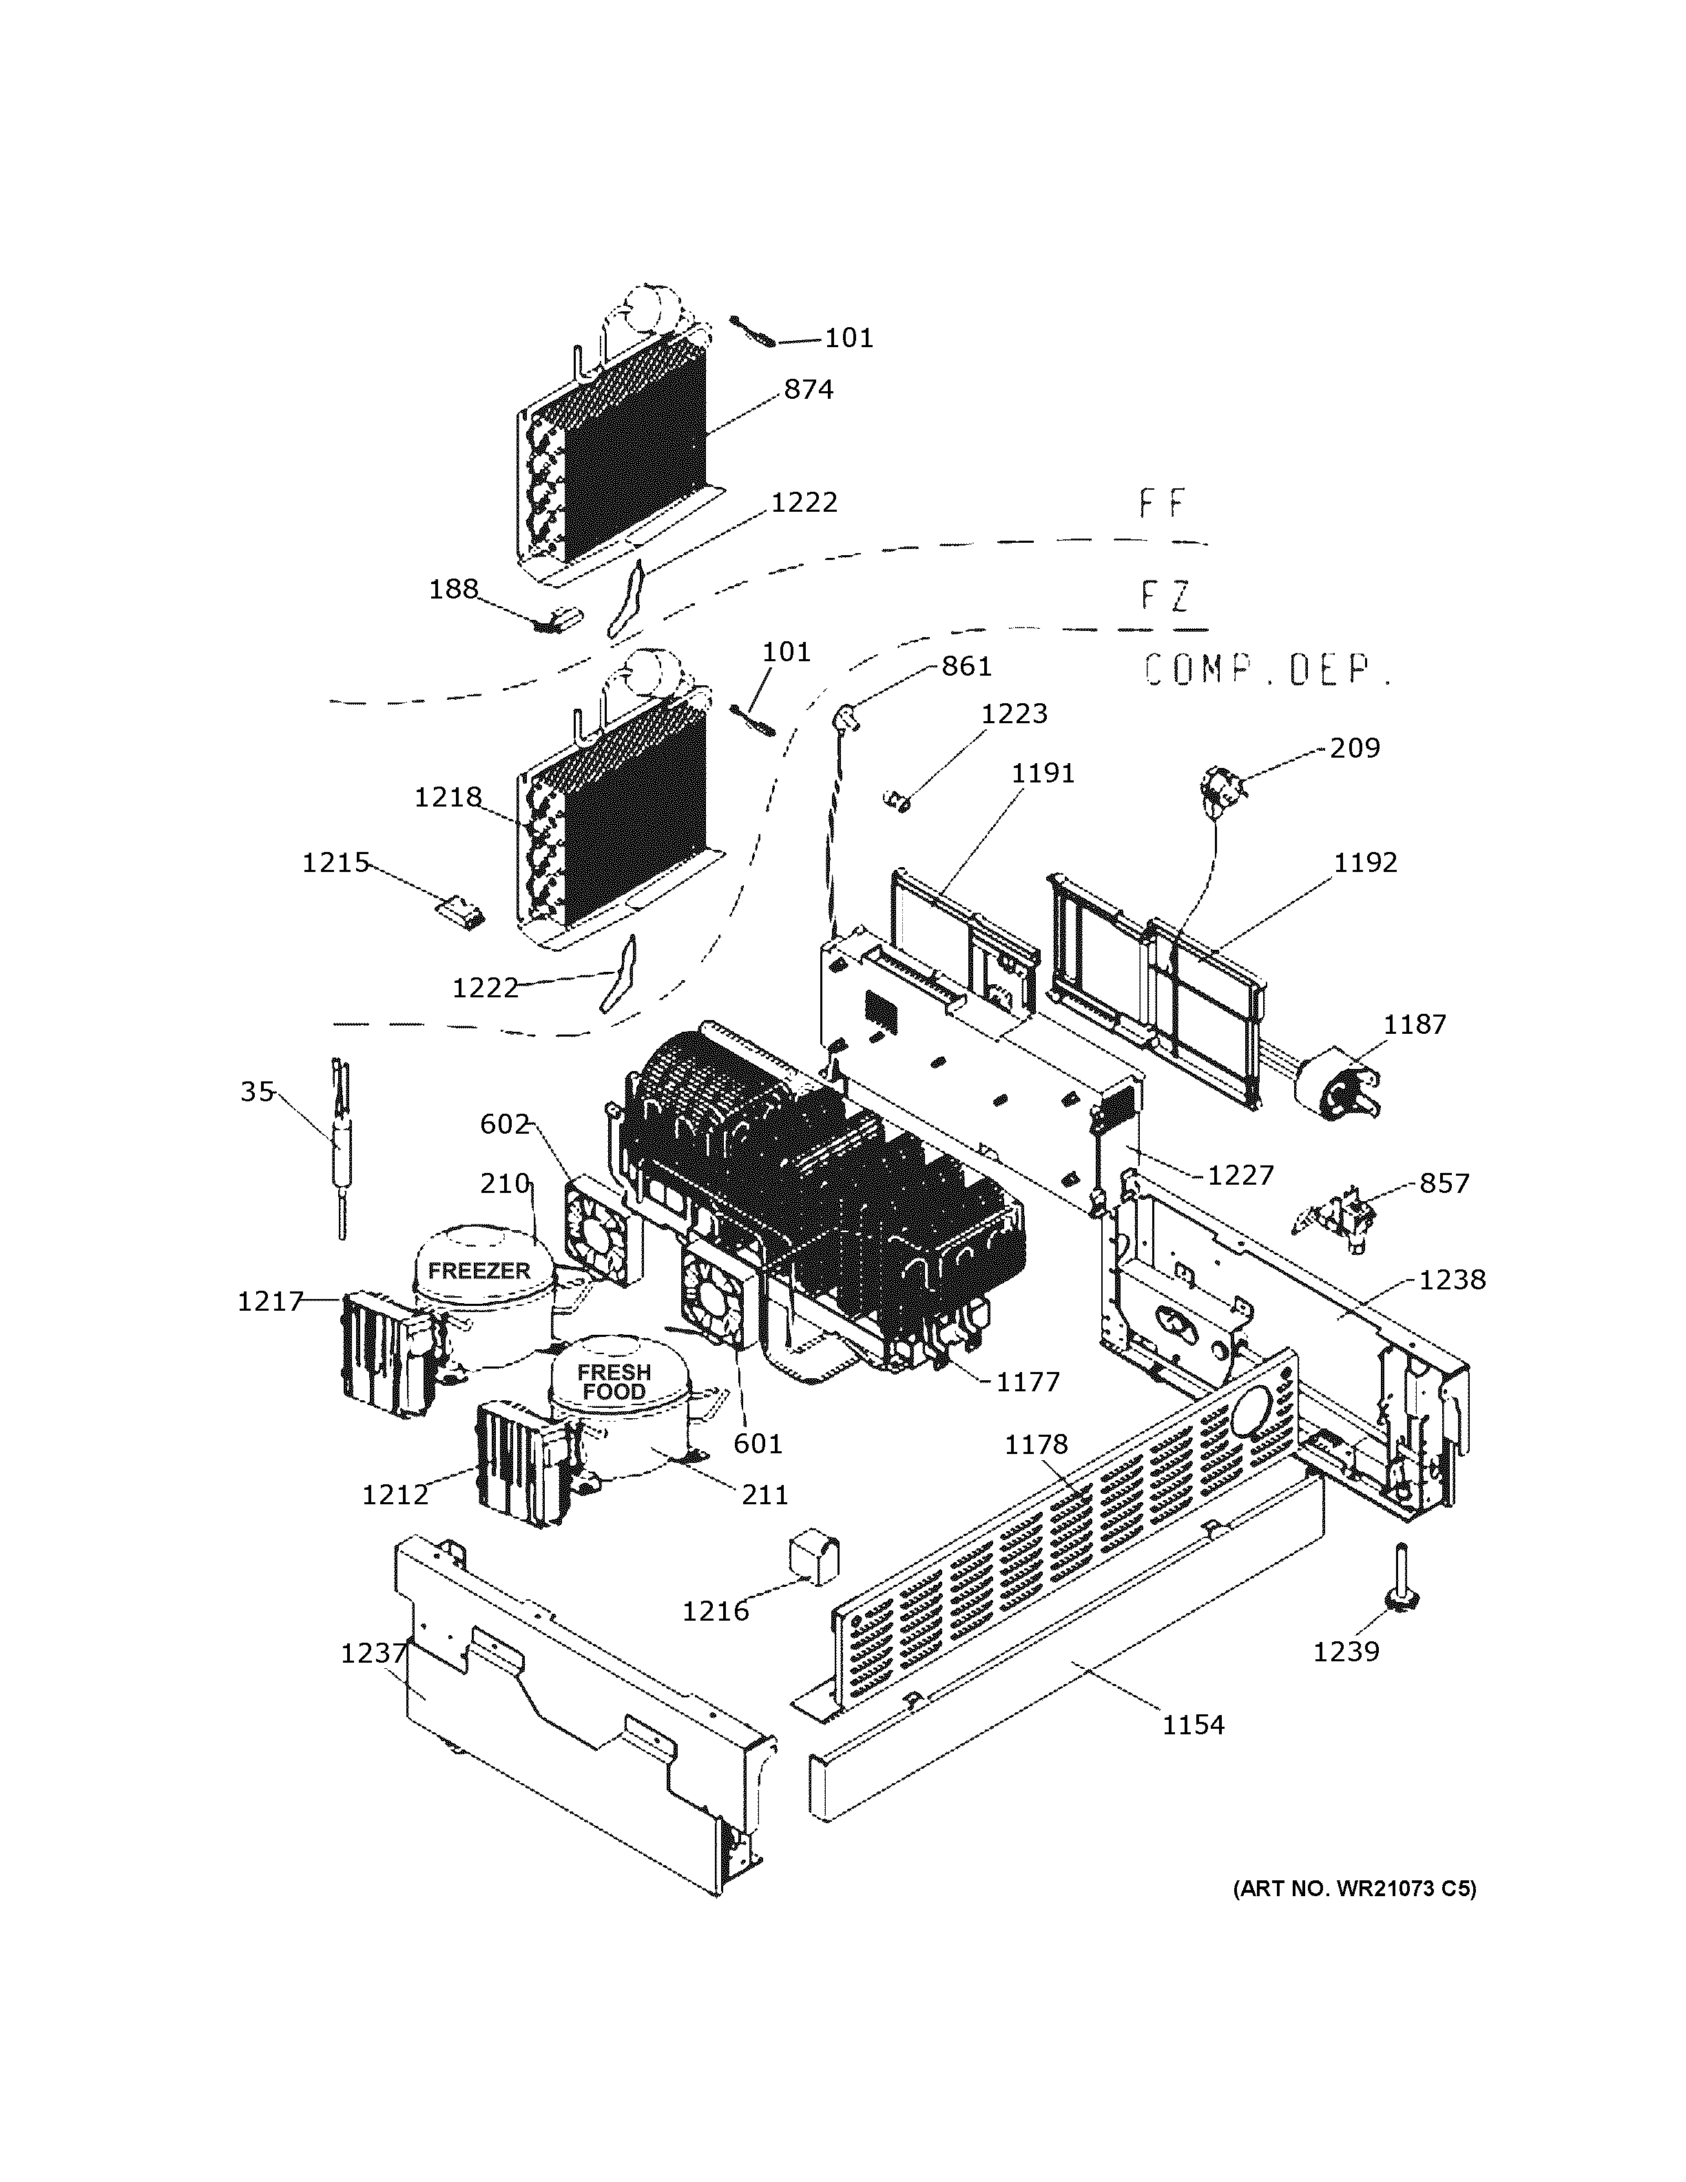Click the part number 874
tap(807, 390)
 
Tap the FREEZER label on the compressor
tap(479, 1271)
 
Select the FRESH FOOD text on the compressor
tap(613, 1382)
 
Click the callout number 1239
tap(1345, 1652)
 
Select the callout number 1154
tap(1193, 1725)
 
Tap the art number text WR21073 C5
tap(1355, 1889)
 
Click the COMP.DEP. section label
tap(1267, 669)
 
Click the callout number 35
tap(257, 1092)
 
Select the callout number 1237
tap(373, 1654)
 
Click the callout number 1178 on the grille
tap(1036, 1444)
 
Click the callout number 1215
tap(335, 862)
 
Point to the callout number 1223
tap(1014, 714)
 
